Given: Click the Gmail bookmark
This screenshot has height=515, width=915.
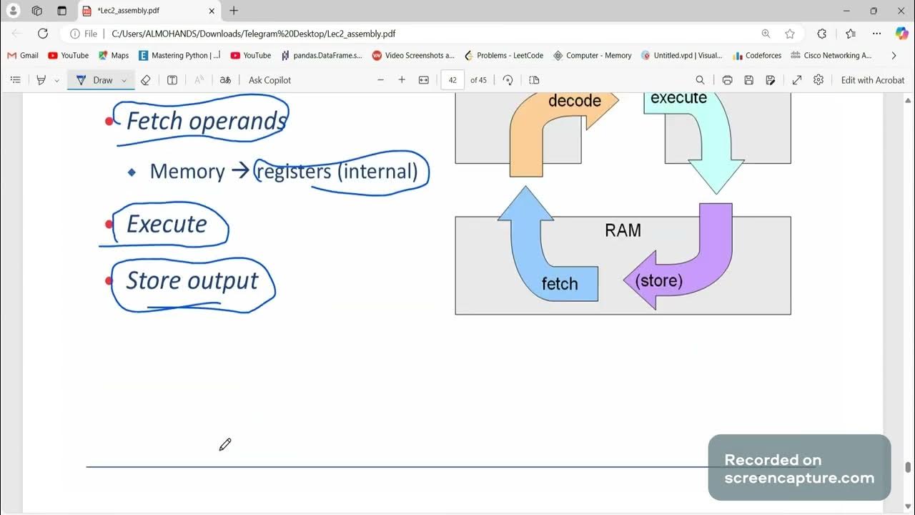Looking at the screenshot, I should coord(23,55).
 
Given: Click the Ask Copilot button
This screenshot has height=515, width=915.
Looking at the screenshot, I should coord(269,80).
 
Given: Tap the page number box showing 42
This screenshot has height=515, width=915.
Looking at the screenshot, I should coord(452,80).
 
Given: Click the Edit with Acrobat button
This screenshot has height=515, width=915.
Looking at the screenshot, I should coord(872,80).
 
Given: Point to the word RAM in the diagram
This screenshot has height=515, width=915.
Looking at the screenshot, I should coord(623,230).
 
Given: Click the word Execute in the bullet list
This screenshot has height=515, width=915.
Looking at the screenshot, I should coord(167,224).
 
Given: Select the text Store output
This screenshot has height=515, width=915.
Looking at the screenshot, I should coord(192,280).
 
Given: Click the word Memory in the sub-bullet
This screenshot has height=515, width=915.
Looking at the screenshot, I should coord(187,172).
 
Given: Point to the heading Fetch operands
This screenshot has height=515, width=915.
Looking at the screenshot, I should coord(206,121).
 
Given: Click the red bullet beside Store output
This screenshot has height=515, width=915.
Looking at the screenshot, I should coord(109,281).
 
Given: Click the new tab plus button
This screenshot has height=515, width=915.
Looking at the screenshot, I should coord(234,11).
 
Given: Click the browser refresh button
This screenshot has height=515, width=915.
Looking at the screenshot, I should coord(43,34).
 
